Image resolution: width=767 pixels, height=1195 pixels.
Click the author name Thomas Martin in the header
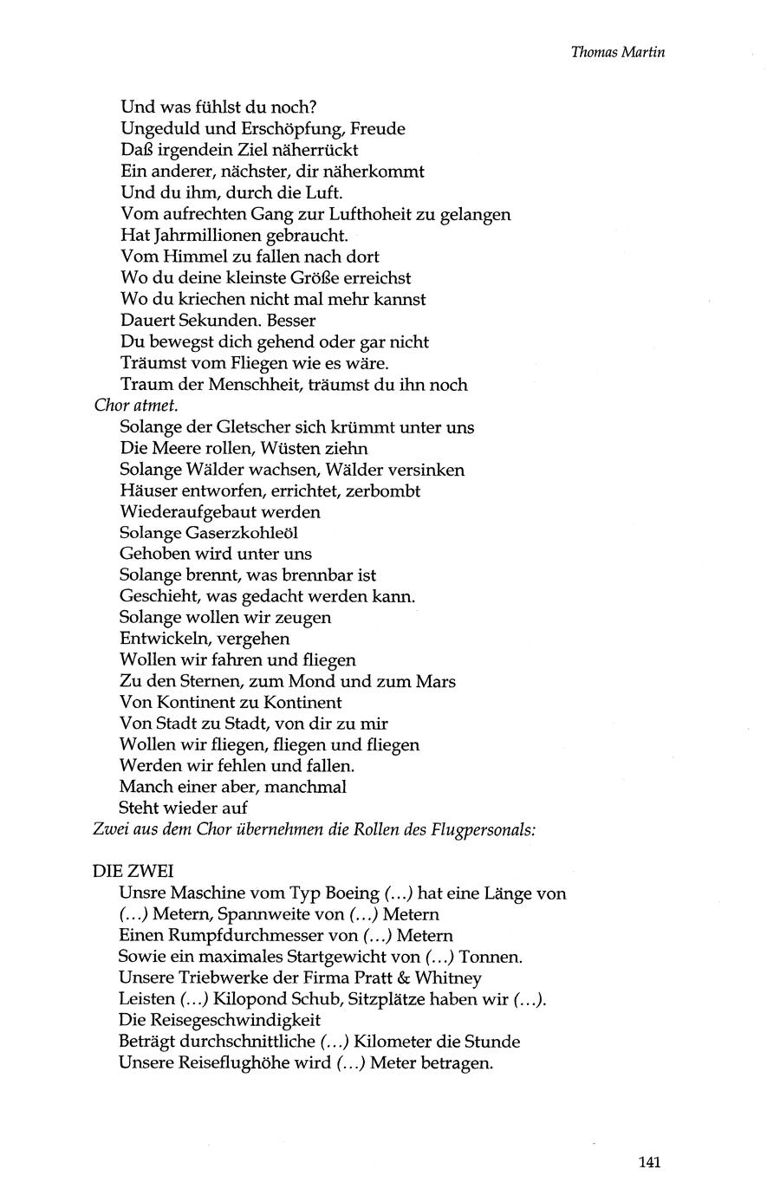click(x=617, y=51)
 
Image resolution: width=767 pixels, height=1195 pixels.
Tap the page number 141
click(x=650, y=1162)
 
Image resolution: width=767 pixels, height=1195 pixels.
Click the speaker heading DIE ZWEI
click(x=133, y=872)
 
